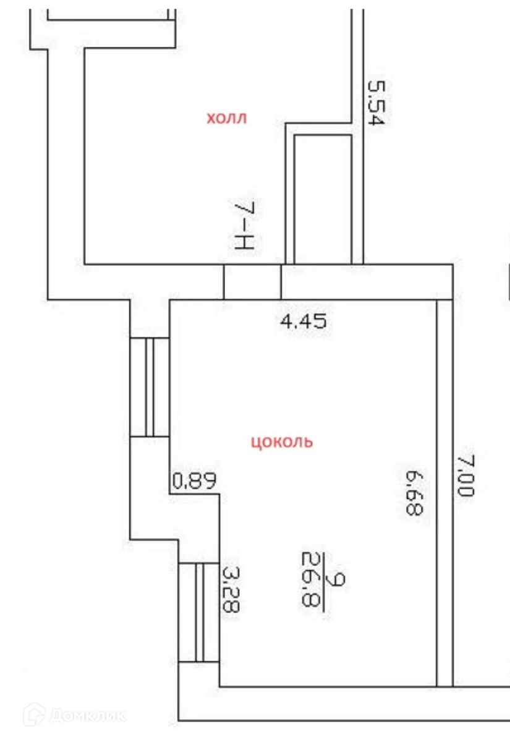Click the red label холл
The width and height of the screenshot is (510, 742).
226,118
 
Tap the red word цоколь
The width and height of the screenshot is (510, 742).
282,442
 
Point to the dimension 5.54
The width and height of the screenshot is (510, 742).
375,102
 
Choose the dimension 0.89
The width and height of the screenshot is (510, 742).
194,480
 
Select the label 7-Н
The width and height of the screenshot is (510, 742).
244,226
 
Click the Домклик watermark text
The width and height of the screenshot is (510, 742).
87,715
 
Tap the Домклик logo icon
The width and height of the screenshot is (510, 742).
34,715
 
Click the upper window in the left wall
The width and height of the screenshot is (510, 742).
149,387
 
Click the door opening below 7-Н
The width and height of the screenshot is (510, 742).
252,283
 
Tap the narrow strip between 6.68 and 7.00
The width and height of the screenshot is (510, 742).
444,493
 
